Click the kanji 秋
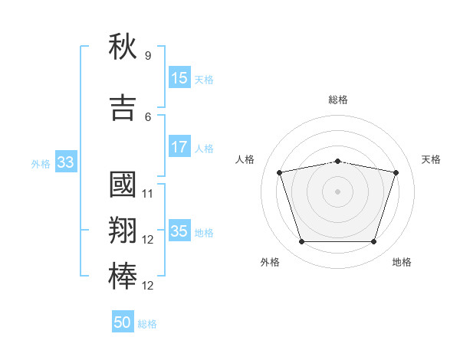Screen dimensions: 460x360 pos(123,46)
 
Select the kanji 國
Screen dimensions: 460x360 pos(123,185)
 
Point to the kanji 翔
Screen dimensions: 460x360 pos(123,230)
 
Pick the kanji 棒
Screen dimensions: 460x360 pos(123,277)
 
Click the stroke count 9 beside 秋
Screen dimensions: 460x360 pos(148,55)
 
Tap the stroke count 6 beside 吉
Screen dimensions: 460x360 pos(148,117)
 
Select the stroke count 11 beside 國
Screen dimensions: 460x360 pos(147,194)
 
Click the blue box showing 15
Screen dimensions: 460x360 pos(179,77)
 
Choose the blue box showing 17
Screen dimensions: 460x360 pos(179,146)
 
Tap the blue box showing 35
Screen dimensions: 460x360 pos(179,230)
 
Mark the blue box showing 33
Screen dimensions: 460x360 pos(66,162)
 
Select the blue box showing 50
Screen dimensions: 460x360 pos(123,321)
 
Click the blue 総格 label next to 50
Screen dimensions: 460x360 pos(147,324)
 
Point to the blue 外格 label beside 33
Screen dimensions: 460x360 pos(41,164)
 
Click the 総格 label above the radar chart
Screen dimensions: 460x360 pos(338,100)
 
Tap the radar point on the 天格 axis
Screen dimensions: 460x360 pos(396,172)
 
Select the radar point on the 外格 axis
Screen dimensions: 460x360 pos(302,241)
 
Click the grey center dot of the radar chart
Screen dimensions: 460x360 pos(337,191)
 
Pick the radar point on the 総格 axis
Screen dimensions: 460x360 pos(338,162)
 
